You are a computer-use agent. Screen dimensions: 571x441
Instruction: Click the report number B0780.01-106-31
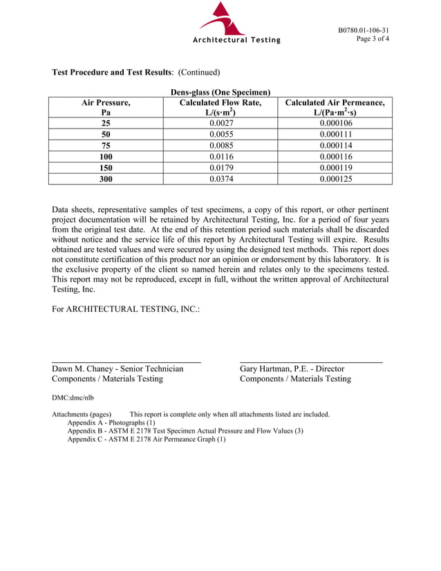pyautogui.click(x=363, y=30)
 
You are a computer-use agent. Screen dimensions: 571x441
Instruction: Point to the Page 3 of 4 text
pyautogui.click(x=373, y=39)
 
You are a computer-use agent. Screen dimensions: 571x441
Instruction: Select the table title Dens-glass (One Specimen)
pyautogui.click(x=220, y=92)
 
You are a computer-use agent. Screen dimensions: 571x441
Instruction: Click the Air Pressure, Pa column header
pyautogui.click(x=106, y=107)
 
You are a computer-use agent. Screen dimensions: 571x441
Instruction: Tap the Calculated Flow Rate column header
pyautogui.click(x=220, y=107)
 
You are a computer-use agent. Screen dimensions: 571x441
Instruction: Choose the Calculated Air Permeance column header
pyautogui.click(x=335, y=107)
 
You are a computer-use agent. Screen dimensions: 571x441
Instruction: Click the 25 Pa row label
pyautogui.click(x=106, y=124)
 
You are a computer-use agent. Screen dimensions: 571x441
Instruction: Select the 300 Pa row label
pyautogui.click(x=106, y=178)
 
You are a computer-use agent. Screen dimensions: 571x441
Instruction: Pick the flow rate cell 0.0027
pyautogui.click(x=220, y=124)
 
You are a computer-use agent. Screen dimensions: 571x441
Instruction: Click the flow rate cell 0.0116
pyautogui.click(x=220, y=157)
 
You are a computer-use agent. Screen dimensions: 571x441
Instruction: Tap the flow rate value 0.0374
pyautogui.click(x=220, y=178)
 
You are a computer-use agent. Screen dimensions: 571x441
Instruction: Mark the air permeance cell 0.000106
pyautogui.click(x=335, y=124)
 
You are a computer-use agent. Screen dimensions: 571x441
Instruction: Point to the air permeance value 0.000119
pyautogui.click(x=335, y=168)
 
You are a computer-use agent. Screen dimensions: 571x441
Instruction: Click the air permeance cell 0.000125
pyautogui.click(x=335, y=178)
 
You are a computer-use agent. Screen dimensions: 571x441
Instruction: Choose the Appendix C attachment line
pyautogui.click(x=146, y=439)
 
